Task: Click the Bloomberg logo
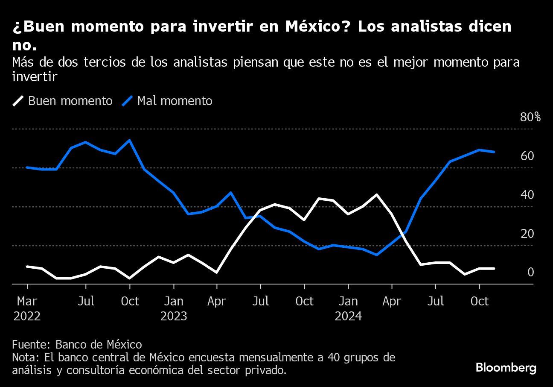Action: coord(506,368)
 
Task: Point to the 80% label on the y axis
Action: coord(530,117)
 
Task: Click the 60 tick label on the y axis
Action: coord(527,156)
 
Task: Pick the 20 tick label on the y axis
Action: coord(527,234)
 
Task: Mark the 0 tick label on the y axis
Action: coord(530,272)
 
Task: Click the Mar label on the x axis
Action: coord(27,301)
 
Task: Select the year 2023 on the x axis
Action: coord(173,317)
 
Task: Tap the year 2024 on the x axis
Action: coord(348,317)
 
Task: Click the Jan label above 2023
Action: coord(173,301)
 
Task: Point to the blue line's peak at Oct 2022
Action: coord(129,140)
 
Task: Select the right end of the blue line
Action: coord(494,152)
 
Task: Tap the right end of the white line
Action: coord(494,268)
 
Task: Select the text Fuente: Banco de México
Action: coord(77,344)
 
